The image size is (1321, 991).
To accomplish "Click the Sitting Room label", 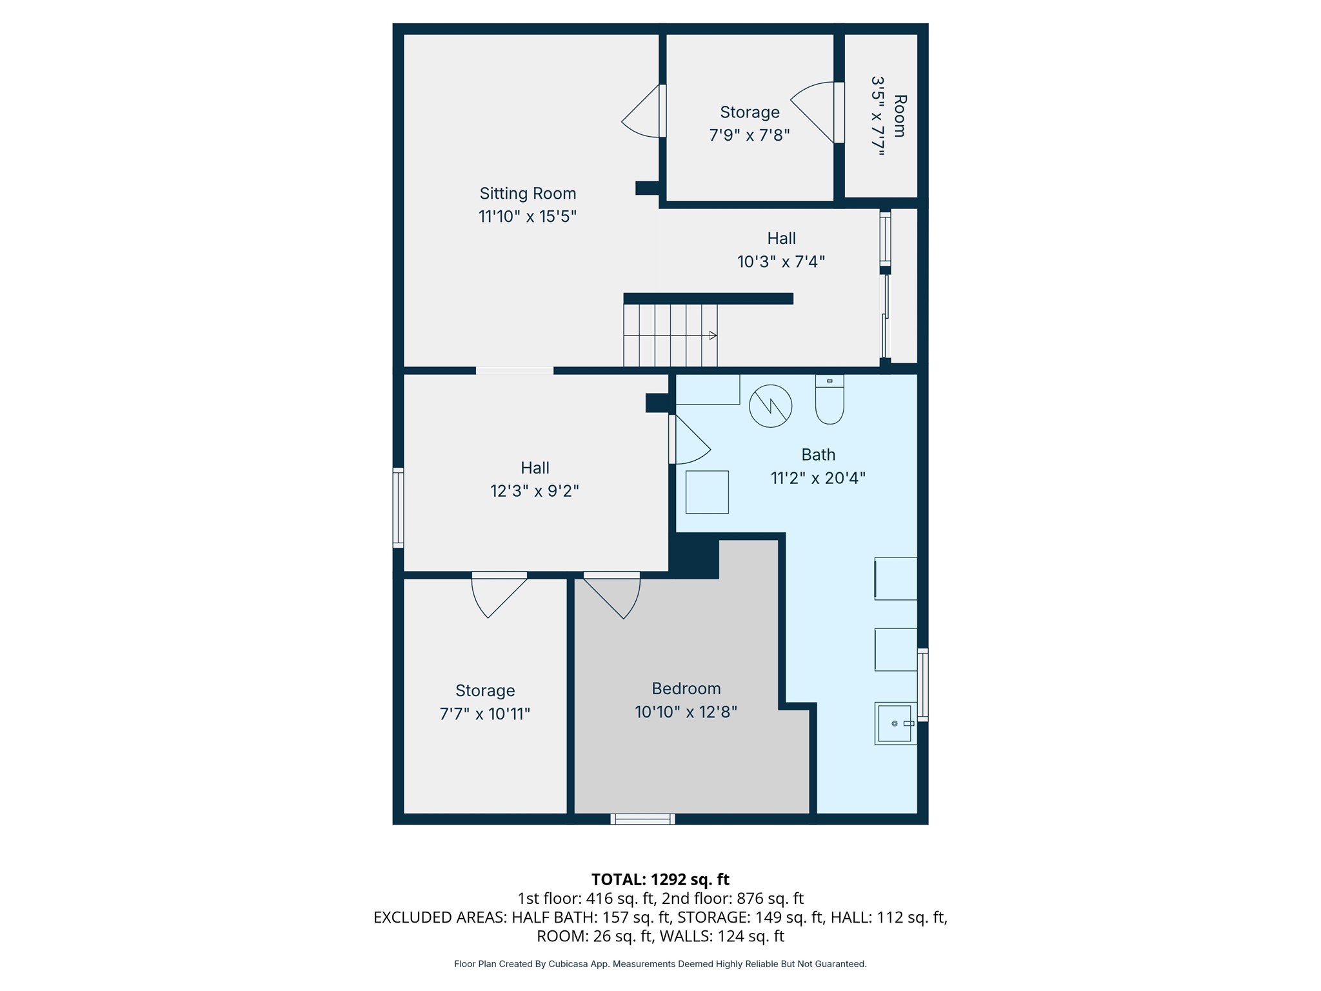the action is pos(528,194).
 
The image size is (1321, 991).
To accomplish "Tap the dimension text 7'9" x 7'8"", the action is pos(750,135).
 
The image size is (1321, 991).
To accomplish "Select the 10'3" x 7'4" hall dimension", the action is pos(781,261).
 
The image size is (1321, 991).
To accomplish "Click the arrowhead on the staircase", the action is pos(713,335).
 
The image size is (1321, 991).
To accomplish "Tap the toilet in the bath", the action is pos(829,399).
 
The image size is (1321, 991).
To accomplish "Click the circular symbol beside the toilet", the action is pos(771,406).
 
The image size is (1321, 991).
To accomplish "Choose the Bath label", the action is pos(819,455).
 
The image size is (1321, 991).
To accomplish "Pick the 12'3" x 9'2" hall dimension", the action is pos(535,491).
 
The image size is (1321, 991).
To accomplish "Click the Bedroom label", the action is pos(686,688).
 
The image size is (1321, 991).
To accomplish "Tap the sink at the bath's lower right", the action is pos(896,723).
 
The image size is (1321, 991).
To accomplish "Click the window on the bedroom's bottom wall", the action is pos(643,819).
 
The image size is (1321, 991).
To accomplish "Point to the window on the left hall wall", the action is pos(399,508).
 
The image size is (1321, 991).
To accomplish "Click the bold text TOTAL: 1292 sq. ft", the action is pos(660,879).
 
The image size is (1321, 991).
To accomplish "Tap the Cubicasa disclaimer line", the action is pos(660,964).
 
